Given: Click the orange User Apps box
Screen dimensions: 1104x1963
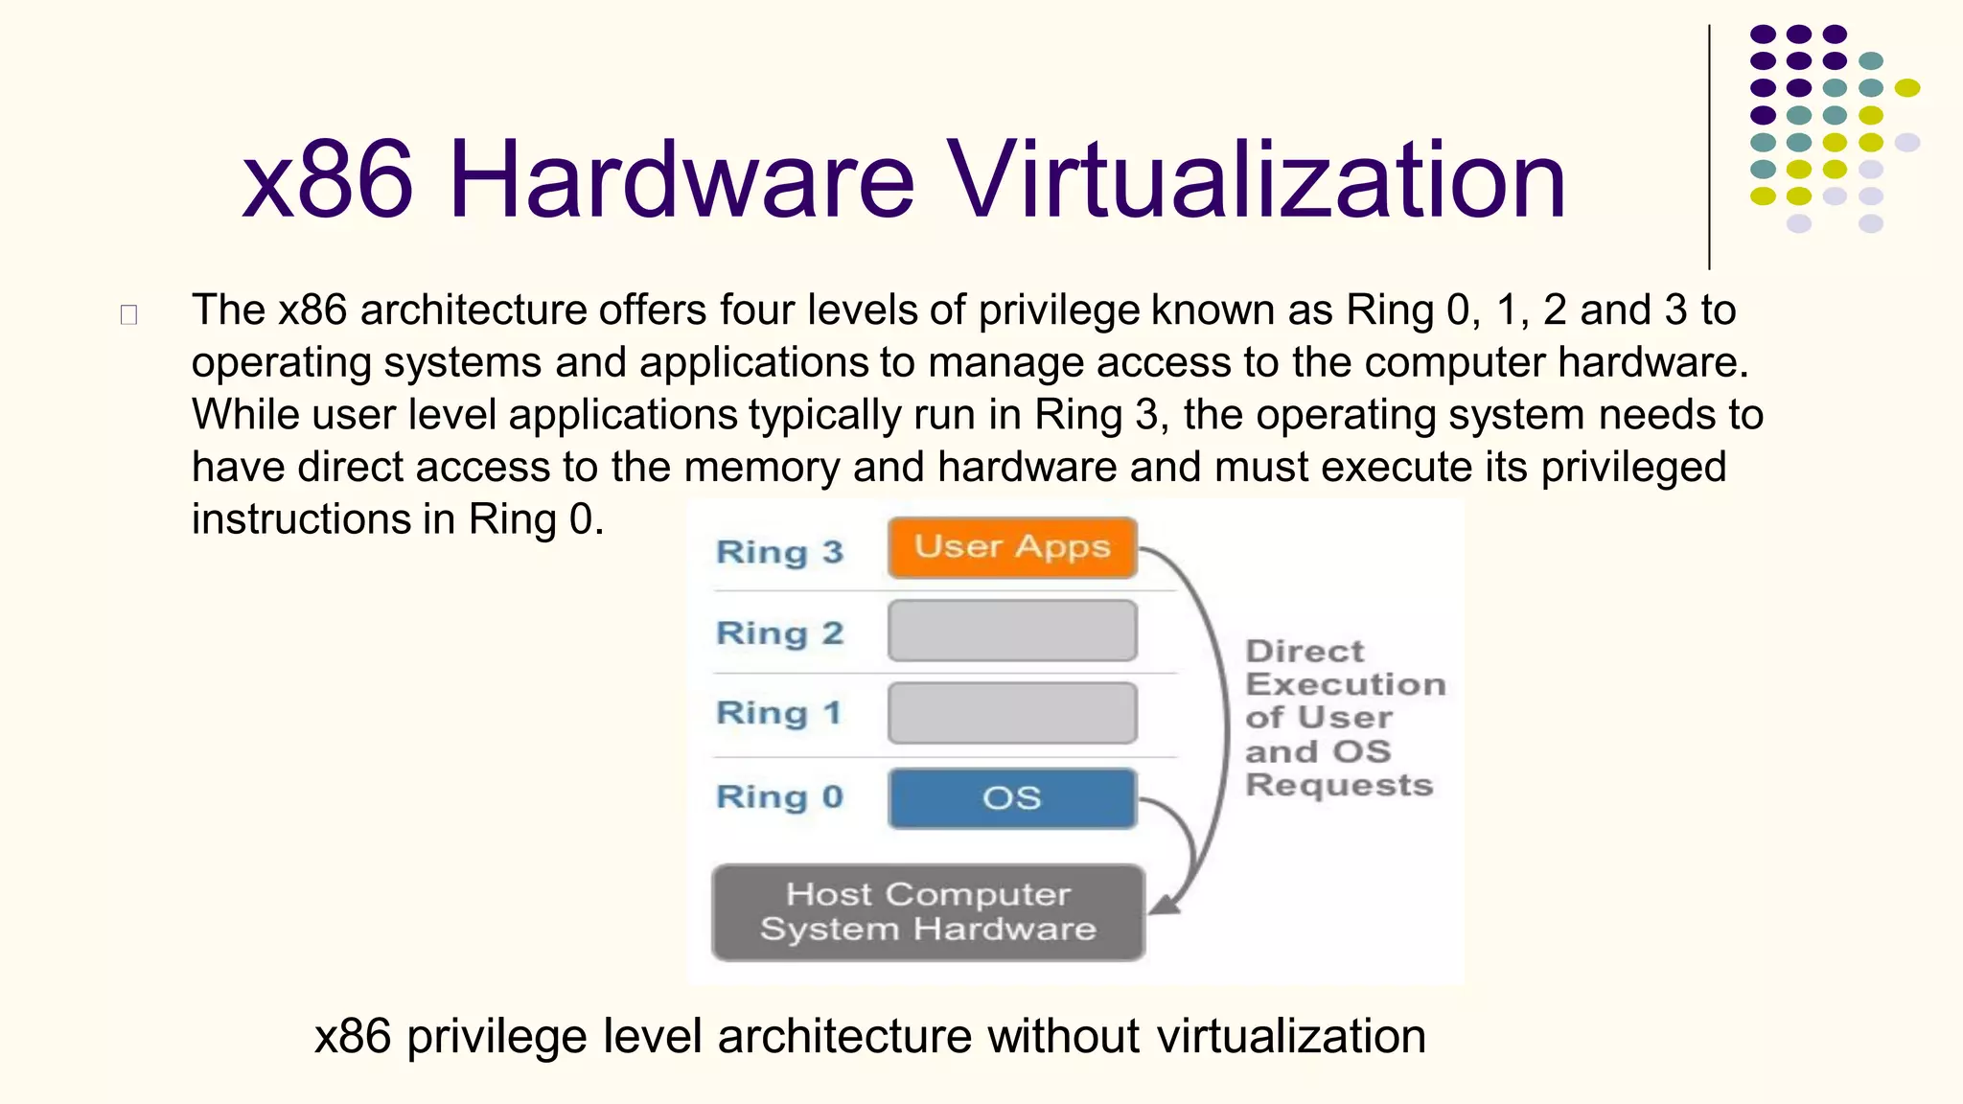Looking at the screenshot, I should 1012,548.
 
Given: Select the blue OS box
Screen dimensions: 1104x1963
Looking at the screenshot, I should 1012,797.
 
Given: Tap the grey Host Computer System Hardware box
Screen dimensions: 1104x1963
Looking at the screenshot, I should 928,912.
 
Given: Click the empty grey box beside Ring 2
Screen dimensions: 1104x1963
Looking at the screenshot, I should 1012,631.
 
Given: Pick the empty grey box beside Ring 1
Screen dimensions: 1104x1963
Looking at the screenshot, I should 1012,713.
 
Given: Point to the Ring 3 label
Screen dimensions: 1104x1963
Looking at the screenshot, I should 779,552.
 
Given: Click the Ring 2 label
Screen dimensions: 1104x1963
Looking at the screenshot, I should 779,633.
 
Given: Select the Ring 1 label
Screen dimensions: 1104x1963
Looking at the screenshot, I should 778,713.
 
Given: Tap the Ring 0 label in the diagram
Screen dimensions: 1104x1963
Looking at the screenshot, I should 779,797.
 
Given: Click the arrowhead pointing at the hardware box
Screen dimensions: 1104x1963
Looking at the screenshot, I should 1164,905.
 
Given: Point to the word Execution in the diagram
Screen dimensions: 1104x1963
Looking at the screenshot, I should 1345,684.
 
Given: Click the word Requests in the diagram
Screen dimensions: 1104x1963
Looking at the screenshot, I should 1339,785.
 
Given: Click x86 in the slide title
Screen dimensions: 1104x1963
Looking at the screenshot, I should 328,180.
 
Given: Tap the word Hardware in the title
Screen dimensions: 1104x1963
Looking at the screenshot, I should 681,180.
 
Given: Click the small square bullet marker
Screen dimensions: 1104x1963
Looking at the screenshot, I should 129,314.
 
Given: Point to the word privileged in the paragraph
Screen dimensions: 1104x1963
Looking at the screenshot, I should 1633,468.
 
